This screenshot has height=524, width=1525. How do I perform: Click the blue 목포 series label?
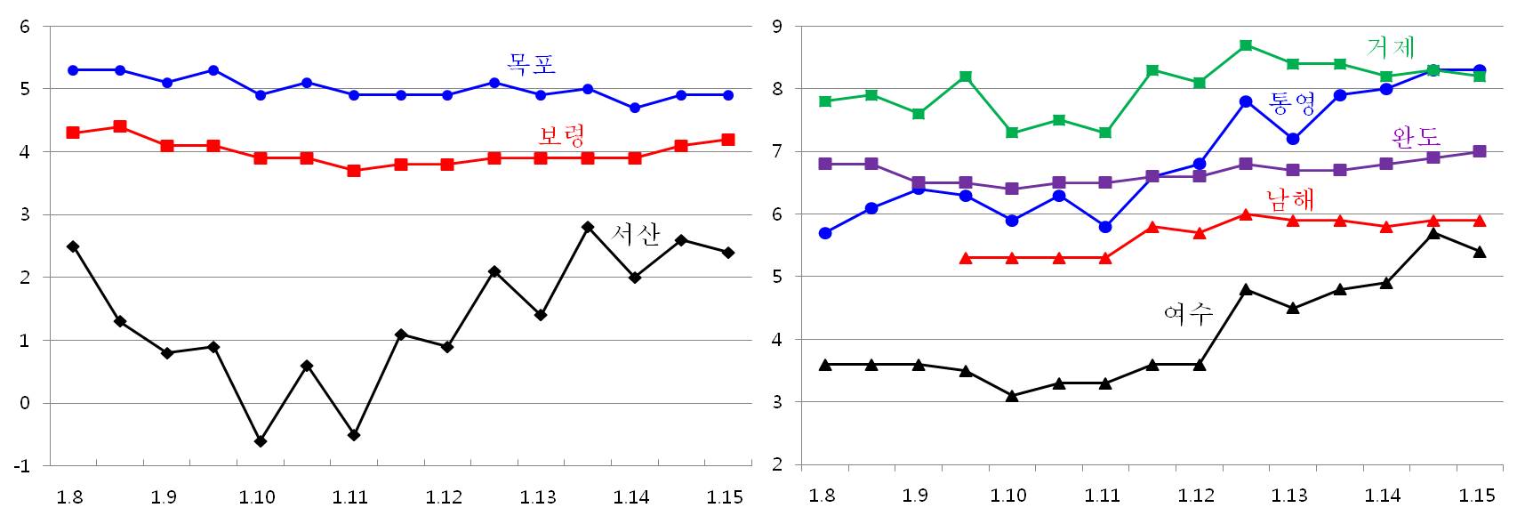tap(531, 64)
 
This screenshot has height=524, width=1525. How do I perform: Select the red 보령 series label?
tap(561, 136)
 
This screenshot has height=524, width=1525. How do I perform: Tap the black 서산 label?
tap(637, 234)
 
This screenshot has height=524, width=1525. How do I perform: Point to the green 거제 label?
tap(1391, 47)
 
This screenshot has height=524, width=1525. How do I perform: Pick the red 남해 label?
tap(1289, 198)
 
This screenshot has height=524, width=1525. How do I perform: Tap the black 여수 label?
tap(1188, 313)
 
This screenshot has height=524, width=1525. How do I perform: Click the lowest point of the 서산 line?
tap(261, 441)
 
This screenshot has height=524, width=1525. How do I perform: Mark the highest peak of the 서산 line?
tap(588, 228)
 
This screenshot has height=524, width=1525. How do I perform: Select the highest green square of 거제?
tap(1246, 45)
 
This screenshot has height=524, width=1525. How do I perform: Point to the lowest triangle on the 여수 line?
tap(1012, 396)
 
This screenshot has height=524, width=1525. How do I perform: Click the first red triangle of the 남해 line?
tap(966, 258)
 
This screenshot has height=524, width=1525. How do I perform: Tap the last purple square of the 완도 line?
tap(1480, 152)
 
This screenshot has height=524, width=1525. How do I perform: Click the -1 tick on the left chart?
tap(24, 466)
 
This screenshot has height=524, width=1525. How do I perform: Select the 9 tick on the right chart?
tap(776, 27)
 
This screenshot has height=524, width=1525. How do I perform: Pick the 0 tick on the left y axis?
tap(25, 404)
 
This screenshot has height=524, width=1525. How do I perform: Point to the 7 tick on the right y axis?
tap(776, 152)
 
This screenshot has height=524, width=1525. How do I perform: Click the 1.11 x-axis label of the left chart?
tap(350, 497)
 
